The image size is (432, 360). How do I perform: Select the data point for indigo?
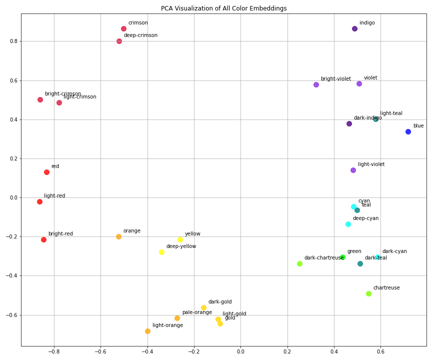point(354,29)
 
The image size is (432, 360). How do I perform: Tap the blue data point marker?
point(408,132)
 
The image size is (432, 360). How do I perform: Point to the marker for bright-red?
point(43,240)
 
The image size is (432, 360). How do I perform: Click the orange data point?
point(118,237)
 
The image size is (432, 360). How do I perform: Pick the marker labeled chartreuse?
point(368,294)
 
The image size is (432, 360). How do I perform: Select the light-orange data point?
point(147,331)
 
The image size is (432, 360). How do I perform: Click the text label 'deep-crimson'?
point(140,35)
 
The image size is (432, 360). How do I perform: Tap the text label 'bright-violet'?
point(335,79)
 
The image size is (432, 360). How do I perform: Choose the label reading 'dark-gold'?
point(220,302)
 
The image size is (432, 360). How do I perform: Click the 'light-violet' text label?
point(371,164)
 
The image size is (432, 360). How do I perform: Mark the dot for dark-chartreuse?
point(299,264)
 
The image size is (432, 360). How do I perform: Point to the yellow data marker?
point(180,240)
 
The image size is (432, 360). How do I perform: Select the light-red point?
point(39,202)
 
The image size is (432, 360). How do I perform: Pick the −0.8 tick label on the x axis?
point(54,351)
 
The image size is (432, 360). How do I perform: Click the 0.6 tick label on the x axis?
point(380,351)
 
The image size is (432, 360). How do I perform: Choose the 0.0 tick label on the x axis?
point(240,351)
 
